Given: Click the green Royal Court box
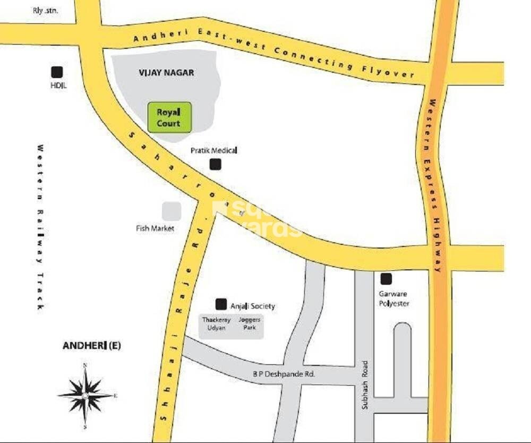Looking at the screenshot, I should click(x=169, y=117).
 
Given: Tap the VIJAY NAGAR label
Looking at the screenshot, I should click(x=166, y=73).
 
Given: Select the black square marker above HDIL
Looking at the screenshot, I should click(x=56, y=72).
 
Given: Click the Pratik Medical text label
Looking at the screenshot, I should click(x=213, y=151).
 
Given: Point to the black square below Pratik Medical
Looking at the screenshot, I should click(x=215, y=165).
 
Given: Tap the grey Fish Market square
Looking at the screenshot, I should click(x=171, y=211).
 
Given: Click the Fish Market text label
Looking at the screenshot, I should click(x=155, y=228).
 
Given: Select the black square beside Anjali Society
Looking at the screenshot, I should click(x=221, y=304).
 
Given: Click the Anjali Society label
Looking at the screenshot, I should click(x=252, y=306).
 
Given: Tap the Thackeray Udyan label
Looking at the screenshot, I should click(x=213, y=324).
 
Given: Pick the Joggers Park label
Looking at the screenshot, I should click(x=249, y=324).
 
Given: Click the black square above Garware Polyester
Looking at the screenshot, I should click(x=386, y=278).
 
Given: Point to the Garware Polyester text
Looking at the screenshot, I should click(x=393, y=299).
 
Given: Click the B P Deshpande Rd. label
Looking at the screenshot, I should click(x=284, y=374).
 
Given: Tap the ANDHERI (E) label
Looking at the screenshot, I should click(x=92, y=346).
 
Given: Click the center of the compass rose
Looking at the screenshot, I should click(x=85, y=396).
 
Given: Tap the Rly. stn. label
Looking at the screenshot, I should click(x=45, y=10).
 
